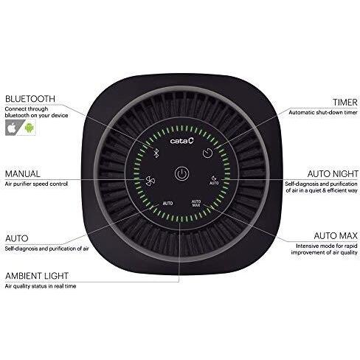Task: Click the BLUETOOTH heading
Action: [30, 99]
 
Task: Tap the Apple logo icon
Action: [13, 128]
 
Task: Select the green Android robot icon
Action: [30, 128]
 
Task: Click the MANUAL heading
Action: [22, 174]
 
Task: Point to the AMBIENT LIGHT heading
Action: [36, 276]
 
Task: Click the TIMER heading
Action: [345, 103]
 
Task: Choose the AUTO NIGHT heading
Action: [333, 174]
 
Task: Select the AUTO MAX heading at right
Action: [336, 236]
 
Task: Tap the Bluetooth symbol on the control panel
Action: [156, 153]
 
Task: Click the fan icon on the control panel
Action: [150, 181]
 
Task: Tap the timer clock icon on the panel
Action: [207, 153]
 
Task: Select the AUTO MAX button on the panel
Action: [196, 203]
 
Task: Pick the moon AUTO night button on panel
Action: [214, 181]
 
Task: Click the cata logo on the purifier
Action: [182, 141]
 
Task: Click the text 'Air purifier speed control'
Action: [36, 184]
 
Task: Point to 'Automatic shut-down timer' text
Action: [323, 112]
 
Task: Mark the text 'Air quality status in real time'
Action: [41, 286]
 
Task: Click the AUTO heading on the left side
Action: [17, 238]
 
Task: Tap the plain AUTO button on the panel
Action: [167, 204]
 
